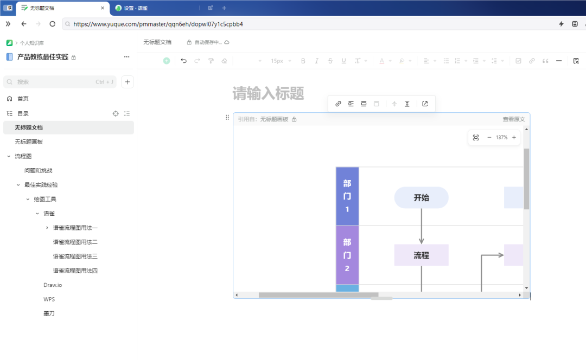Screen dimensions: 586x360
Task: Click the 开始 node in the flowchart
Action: point(421,197)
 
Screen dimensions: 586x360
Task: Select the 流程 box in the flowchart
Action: point(421,255)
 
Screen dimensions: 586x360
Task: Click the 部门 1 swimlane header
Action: point(347,196)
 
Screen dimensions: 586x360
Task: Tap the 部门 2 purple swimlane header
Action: point(347,255)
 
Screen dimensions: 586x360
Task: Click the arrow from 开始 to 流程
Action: point(421,226)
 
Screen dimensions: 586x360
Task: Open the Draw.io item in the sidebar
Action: point(53,285)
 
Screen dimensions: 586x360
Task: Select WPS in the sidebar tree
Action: point(49,299)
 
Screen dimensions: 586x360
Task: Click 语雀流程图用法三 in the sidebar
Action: point(75,256)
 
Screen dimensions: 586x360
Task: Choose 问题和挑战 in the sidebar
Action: point(38,170)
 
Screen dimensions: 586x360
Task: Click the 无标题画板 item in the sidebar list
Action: point(29,142)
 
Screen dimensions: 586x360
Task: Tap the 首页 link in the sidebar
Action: point(23,99)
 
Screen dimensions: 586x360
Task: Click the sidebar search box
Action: point(60,82)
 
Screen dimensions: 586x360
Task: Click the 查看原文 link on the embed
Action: point(514,119)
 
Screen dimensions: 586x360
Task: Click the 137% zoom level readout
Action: point(501,137)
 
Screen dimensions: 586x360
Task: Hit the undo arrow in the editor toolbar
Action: point(183,61)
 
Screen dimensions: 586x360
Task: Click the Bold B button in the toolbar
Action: point(303,61)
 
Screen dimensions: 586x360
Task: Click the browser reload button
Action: point(52,24)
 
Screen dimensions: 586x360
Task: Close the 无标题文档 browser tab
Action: point(103,8)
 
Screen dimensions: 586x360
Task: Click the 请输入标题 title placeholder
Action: point(269,93)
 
